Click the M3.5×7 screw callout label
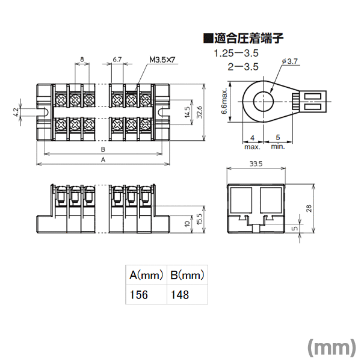162,60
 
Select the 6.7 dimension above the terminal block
117,60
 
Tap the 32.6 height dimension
199,113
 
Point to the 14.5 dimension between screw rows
187,112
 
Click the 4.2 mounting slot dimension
16,113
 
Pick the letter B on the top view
103,149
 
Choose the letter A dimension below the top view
103,159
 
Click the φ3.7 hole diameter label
290,61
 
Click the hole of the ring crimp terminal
264,101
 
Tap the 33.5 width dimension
256,164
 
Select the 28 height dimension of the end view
309,208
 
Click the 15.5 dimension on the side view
199,219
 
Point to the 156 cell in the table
139,295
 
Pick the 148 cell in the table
180,295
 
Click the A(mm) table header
146,275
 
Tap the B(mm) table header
187,275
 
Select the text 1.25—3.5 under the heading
236,54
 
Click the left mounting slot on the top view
45,112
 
